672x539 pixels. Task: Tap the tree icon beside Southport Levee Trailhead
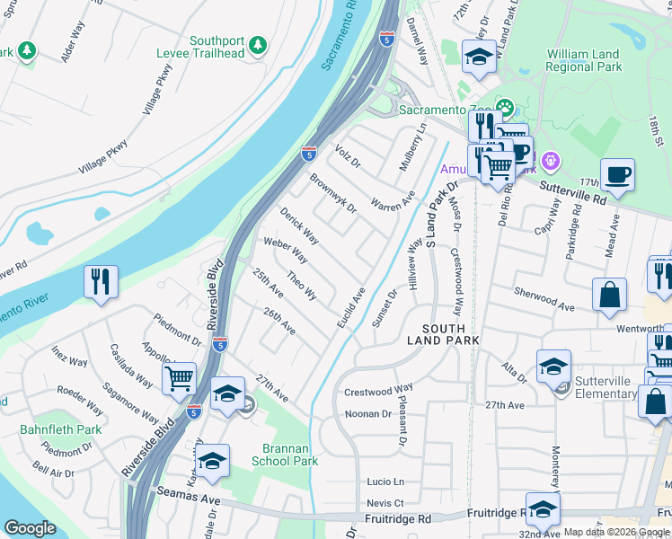coord(258,44)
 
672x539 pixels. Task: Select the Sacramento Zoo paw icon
coord(505,110)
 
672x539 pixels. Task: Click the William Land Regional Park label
coord(584,60)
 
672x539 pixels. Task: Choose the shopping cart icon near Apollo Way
coord(179,378)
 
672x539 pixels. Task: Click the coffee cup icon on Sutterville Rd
coord(617,174)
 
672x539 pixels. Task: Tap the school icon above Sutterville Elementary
coord(553,366)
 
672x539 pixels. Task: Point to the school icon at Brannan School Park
coord(212,462)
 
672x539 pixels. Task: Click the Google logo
coord(30,528)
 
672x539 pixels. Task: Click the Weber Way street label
coord(286,250)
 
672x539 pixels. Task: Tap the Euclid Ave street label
coord(351,307)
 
